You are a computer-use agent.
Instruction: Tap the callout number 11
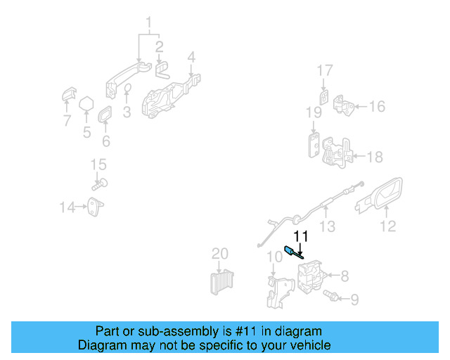[x=301, y=236]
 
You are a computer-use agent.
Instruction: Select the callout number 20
[x=220, y=253]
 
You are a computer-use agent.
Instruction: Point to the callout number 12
[x=387, y=226]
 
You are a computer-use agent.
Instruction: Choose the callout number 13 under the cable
[x=327, y=226]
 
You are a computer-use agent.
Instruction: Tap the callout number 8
[x=345, y=275]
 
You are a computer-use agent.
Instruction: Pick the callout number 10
[x=274, y=257]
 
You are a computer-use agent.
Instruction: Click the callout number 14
[x=67, y=207]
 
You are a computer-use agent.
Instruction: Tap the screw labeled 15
[x=100, y=184]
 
